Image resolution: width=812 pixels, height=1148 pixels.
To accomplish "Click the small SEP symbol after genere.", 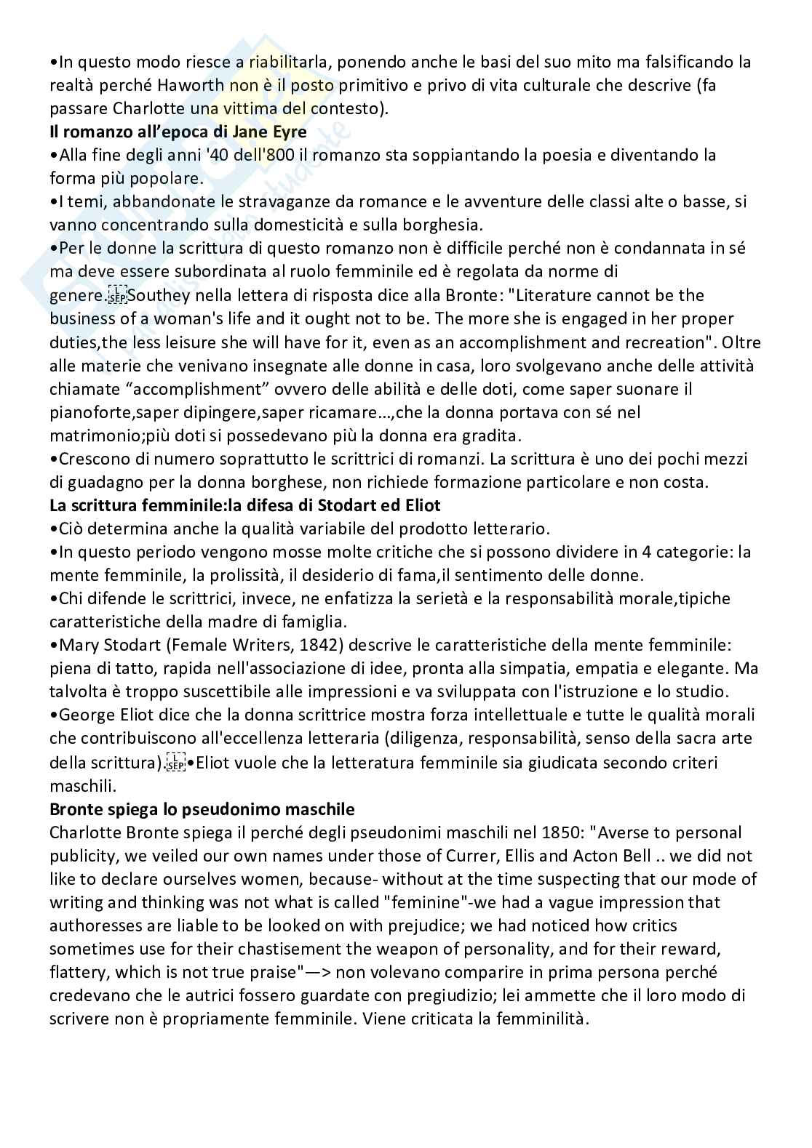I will [116, 296].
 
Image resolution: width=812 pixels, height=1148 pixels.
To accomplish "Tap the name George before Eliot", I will [84, 715].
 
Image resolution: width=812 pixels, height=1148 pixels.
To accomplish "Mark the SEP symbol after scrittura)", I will [175, 763].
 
